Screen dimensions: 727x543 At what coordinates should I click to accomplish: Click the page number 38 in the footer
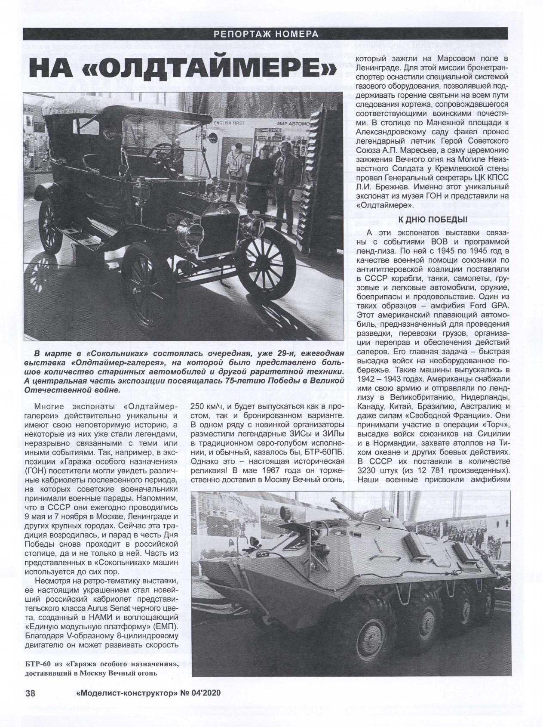point(31,693)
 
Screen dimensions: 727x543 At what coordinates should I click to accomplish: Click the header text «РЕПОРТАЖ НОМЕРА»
point(265,34)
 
